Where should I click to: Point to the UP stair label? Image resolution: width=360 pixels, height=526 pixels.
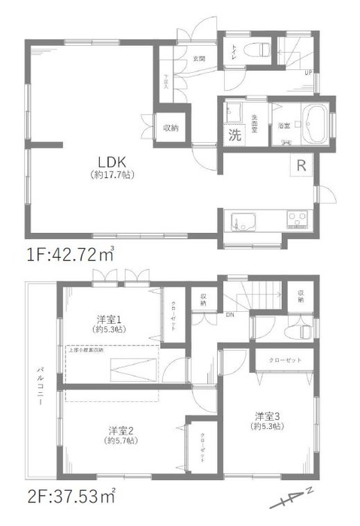point(307,73)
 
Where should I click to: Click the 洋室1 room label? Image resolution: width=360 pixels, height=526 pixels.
point(104,318)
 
